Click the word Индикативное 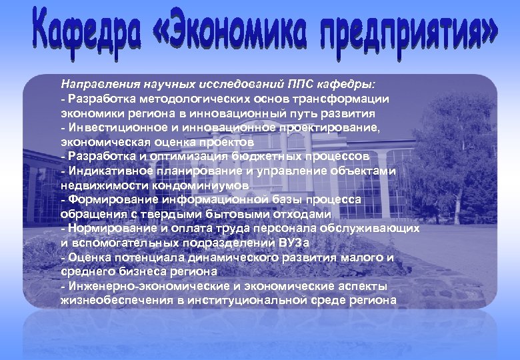tap(103, 171)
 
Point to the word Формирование tap(103, 199)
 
